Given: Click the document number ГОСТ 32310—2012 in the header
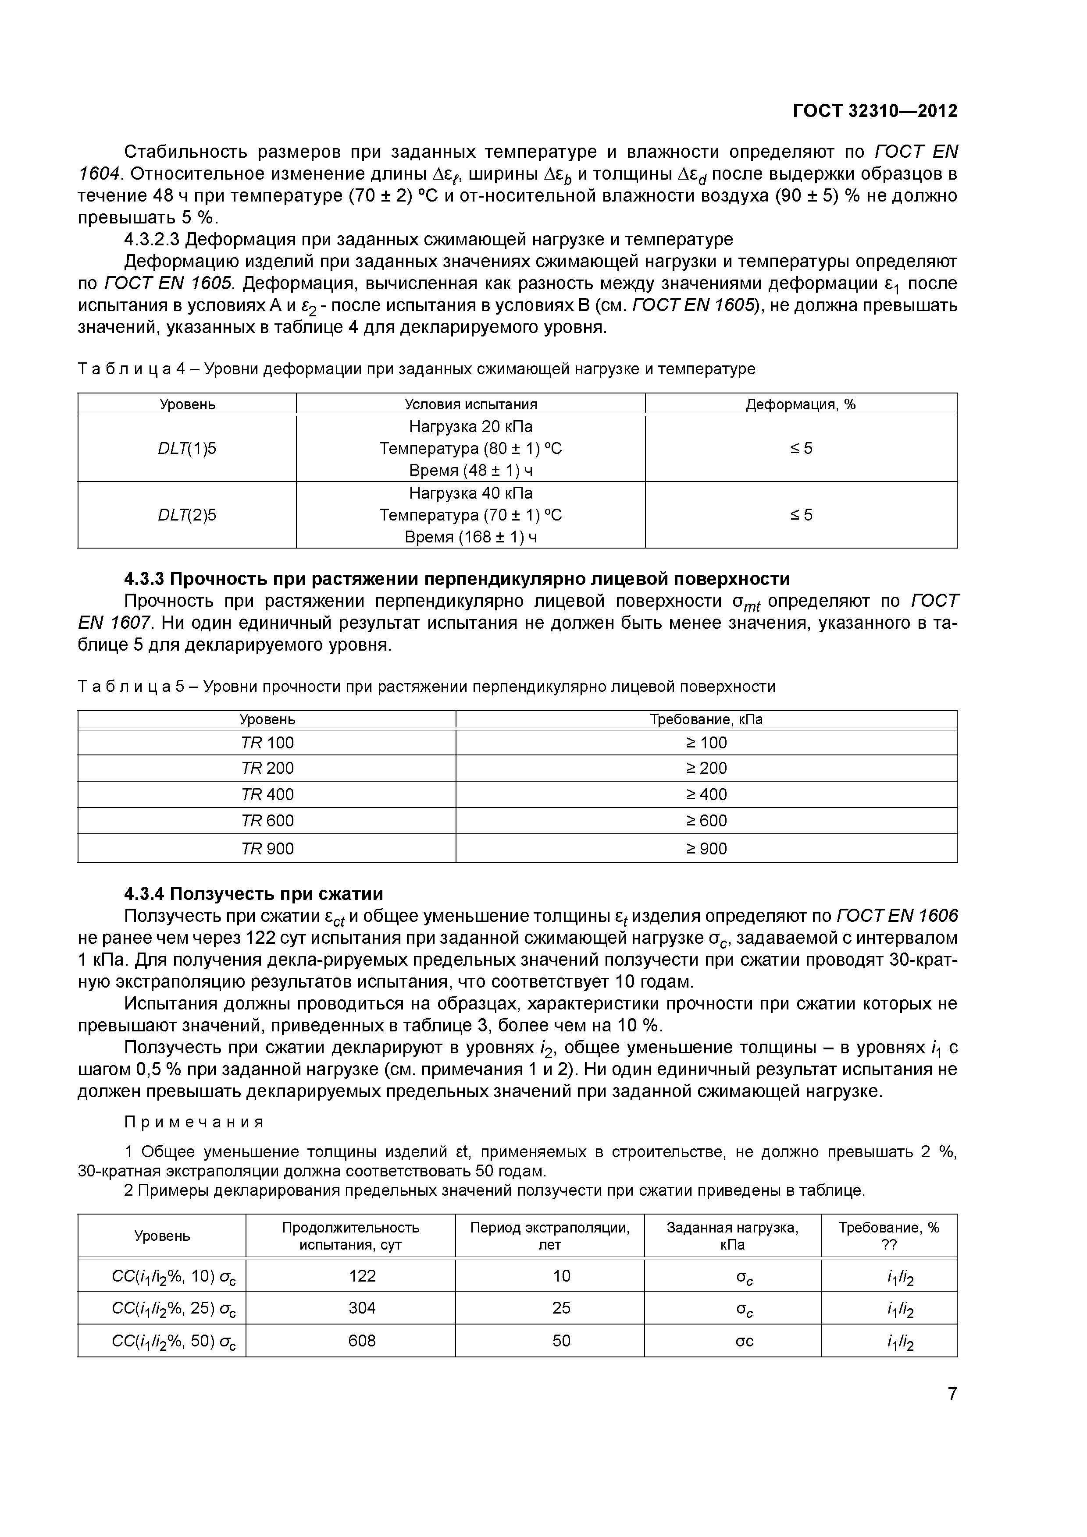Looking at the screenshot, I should pos(875,111).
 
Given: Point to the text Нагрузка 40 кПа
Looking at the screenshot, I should pos(471,493).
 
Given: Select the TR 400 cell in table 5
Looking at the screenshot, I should pos(267,795).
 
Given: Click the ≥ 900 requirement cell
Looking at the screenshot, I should pos(706,849).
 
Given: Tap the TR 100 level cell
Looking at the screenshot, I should pos(267,742).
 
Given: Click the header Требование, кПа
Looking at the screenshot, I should pos(706,719).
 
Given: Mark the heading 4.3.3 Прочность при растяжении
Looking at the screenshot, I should pos(457,578).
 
